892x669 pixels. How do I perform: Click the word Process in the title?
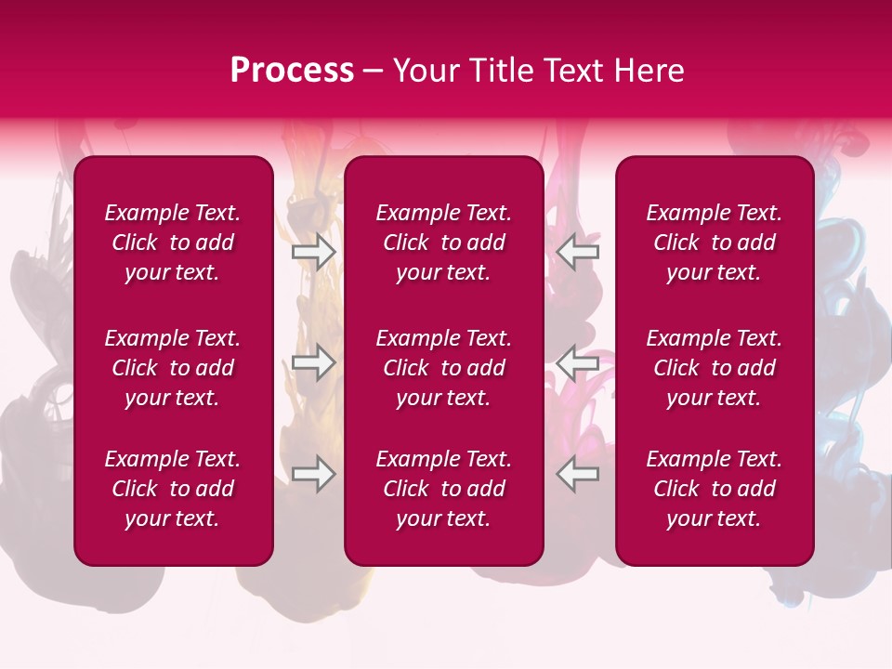click(292, 71)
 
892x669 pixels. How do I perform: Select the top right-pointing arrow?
click(314, 252)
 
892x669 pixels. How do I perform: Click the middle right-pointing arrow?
click(314, 361)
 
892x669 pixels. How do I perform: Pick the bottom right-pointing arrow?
click(314, 474)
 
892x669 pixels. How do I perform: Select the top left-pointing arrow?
click(578, 252)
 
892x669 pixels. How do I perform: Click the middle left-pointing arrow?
click(578, 361)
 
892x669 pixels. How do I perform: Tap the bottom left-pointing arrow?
click(578, 474)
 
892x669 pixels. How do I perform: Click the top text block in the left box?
click(173, 243)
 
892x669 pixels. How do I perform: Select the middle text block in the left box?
click(173, 368)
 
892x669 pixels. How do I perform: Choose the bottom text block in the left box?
click(173, 489)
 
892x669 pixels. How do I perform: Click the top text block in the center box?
click(444, 243)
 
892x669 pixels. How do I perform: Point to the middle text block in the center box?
click(444, 368)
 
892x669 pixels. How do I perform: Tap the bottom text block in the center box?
click(444, 489)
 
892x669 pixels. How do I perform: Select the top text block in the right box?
click(715, 243)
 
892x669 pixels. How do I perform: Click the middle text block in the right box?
click(715, 368)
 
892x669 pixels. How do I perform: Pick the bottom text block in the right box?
click(715, 489)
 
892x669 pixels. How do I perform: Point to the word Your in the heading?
click(426, 71)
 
